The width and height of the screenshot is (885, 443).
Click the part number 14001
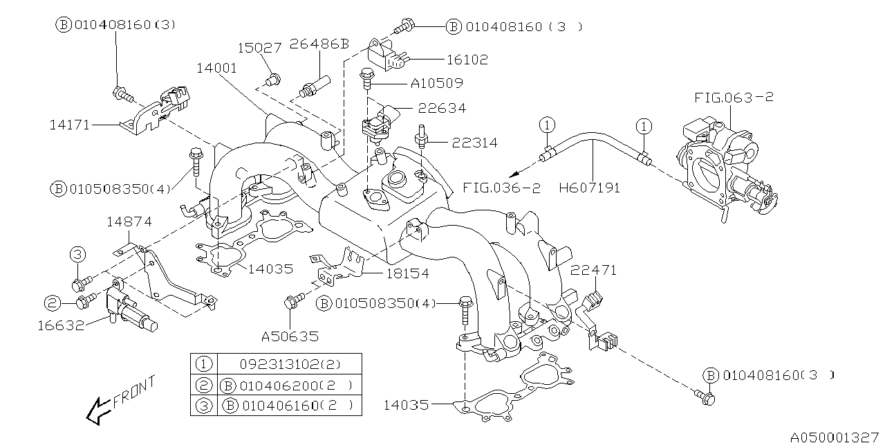click(x=216, y=69)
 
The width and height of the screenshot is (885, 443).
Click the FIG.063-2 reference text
click(x=734, y=98)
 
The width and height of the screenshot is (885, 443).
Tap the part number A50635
click(x=290, y=337)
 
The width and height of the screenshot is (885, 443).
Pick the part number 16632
click(x=61, y=325)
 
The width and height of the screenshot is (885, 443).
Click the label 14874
click(x=129, y=221)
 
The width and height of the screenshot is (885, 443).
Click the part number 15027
click(x=260, y=48)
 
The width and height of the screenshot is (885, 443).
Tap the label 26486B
click(x=319, y=44)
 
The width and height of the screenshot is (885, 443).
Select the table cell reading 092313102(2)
click(x=290, y=363)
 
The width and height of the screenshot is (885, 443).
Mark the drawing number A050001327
click(x=835, y=437)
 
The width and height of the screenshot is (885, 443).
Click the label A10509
click(x=436, y=83)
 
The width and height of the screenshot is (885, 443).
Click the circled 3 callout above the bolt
click(x=77, y=255)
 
